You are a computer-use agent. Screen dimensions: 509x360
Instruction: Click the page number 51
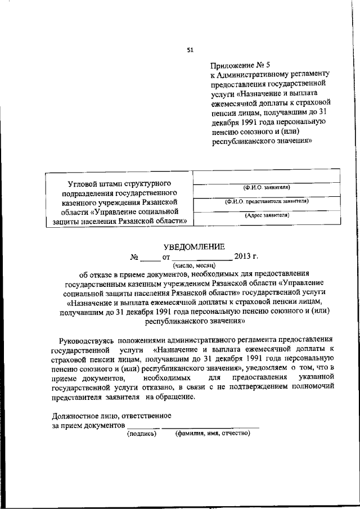coord(190,51)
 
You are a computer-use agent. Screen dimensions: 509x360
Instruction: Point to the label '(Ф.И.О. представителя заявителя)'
coord(267,201)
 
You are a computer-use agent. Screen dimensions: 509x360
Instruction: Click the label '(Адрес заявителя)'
coord(267,215)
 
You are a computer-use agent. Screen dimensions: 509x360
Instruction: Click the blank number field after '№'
coord(150,258)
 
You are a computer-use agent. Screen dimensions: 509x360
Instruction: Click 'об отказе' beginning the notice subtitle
coord(96,274)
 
